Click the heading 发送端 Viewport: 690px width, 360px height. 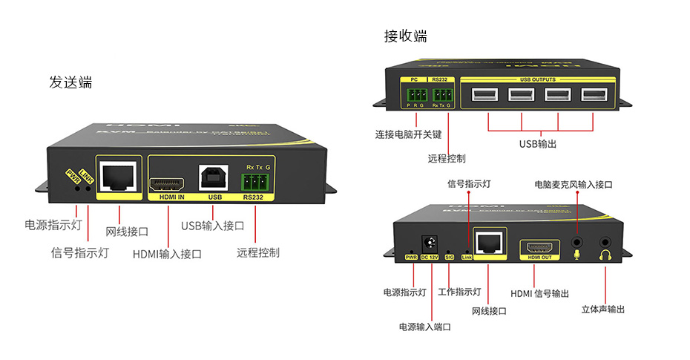click(70, 82)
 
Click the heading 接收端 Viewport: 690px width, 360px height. click(405, 36)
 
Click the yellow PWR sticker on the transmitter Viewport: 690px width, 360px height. click(73, 176)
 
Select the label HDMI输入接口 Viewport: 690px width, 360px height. click(167, 254)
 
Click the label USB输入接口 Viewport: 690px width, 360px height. click(213, 225)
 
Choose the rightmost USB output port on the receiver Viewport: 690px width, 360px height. click(593, 95)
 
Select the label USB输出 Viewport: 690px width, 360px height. click(537, 143)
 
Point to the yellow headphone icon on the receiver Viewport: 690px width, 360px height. click(606, 256)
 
